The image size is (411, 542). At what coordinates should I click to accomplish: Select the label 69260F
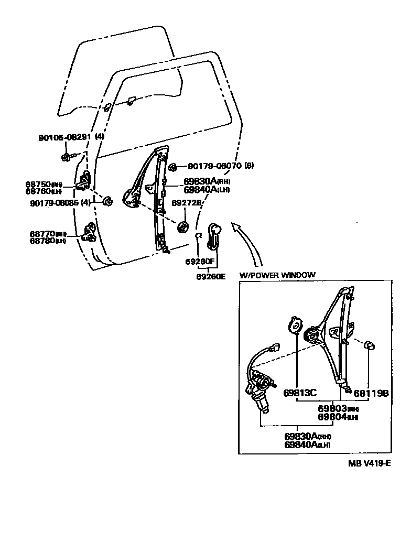point(199,261)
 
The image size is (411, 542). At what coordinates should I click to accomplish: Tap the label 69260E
point(211,276)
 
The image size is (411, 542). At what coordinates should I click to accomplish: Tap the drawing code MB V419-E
point(369,463)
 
